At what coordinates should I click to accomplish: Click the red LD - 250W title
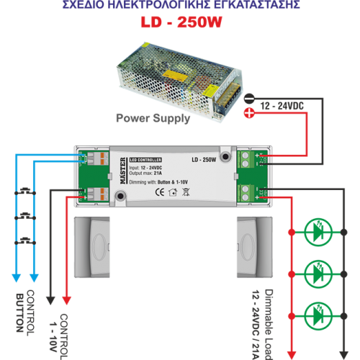coord(179,24)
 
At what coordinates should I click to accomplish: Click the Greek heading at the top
coord(179,5)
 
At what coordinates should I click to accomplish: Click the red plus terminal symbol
coord(248,112)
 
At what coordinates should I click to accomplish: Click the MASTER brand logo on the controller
coord(122,173)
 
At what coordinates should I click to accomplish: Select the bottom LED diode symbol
coord(318,315)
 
